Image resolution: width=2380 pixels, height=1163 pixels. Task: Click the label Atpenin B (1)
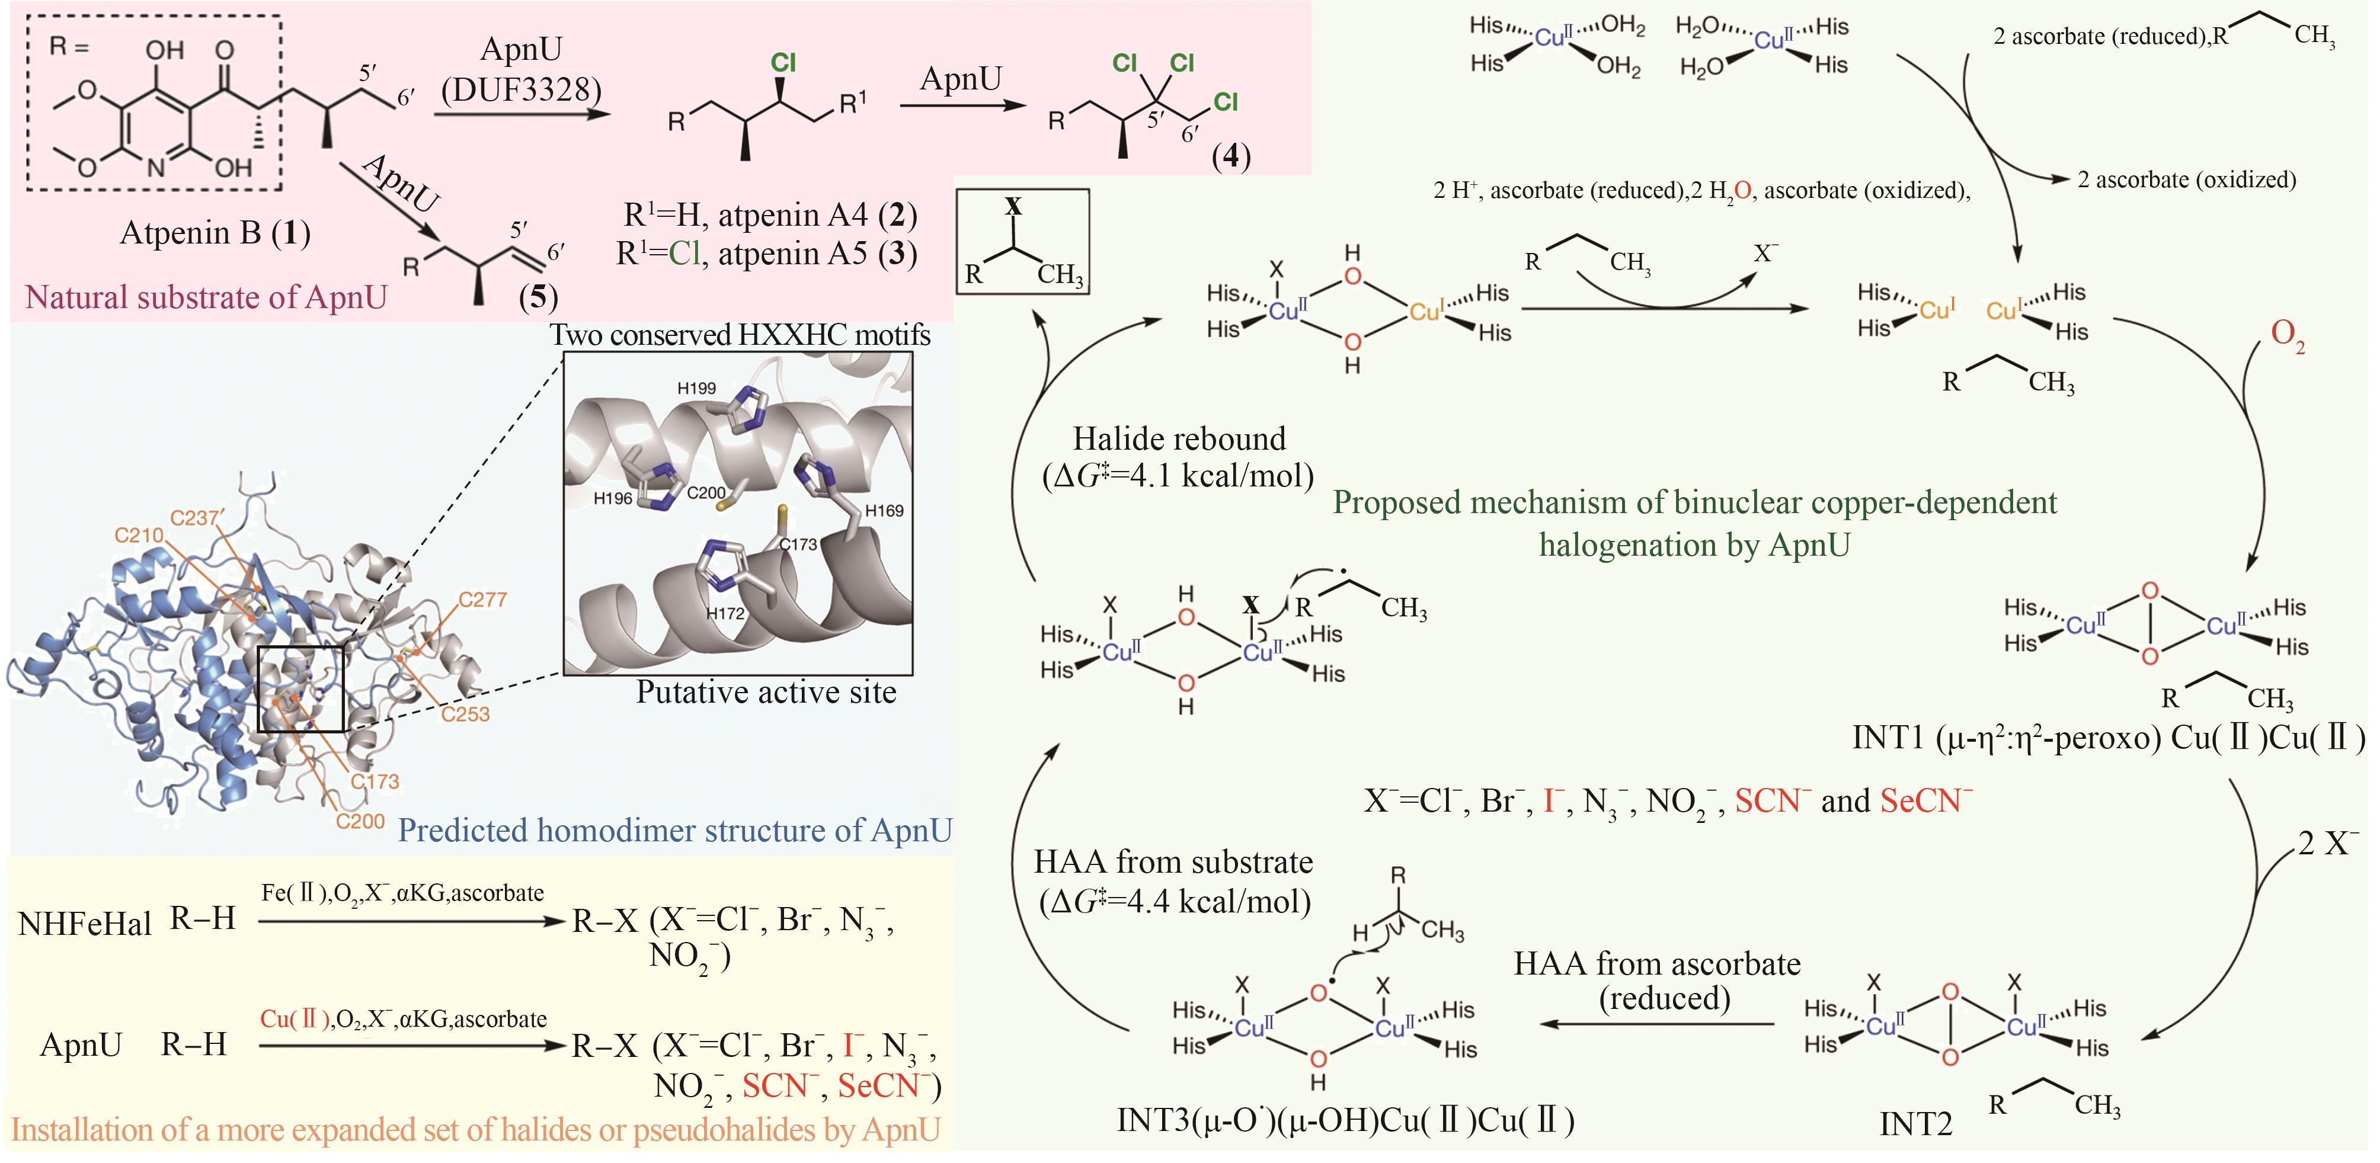215,233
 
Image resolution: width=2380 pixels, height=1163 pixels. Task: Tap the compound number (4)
1231,156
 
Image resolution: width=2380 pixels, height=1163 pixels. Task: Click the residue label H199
696,388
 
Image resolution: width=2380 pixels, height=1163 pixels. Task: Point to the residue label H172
725,613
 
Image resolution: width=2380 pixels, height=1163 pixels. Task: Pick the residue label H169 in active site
884,511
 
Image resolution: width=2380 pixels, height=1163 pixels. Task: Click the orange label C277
482,600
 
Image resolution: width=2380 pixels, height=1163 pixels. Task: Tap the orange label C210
139,535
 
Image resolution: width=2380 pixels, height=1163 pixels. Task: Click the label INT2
1916,1124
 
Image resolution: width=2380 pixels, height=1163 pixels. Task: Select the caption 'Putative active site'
766,693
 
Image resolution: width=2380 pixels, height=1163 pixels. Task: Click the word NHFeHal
84,924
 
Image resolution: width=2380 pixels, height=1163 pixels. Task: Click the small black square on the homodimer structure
300,689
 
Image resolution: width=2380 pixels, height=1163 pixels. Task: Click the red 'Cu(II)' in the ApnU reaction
295,1019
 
